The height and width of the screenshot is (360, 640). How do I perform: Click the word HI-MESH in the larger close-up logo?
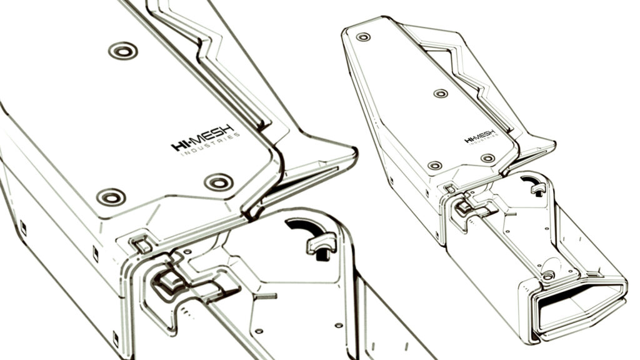[x=203, y=137]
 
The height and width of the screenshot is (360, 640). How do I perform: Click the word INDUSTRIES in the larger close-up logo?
[x=210, y=145]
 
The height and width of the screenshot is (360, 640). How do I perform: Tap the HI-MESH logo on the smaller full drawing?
[x=481, y=136]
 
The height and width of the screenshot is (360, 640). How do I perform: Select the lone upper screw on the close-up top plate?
[x=123, y=51]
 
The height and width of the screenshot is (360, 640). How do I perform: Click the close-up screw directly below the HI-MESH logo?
[x=219, y=182]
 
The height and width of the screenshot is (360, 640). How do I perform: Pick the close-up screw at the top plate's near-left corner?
[x=111, y=197]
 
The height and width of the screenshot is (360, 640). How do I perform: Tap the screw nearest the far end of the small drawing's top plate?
[x=363, y=37]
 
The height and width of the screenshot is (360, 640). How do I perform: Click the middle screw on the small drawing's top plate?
[x=441, y=94]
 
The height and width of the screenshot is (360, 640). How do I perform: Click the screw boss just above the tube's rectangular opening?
[x=548, y=276]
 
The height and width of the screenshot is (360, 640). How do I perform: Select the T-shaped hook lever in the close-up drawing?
[x=322, y=244]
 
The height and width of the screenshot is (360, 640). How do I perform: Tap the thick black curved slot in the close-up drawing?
[x=304, y=226]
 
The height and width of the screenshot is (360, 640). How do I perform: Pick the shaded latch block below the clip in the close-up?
[x=169, y=282]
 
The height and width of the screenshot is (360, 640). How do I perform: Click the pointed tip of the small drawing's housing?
[x=554, y=144]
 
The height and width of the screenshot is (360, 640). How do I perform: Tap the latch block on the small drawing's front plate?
[x=464, y=207]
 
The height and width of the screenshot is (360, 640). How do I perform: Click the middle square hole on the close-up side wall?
[x=96, y=254]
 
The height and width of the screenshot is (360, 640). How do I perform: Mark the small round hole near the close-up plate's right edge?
[x=338, y=325]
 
